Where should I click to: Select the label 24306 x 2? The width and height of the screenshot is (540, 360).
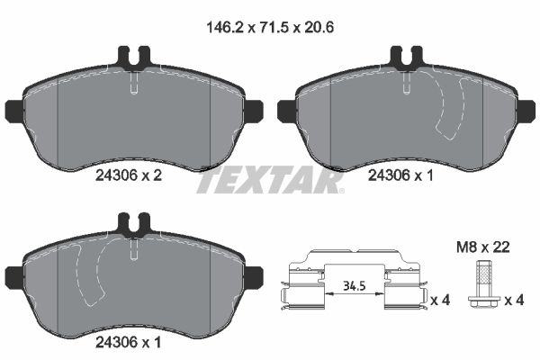129,178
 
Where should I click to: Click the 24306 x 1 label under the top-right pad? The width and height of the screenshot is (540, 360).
401,178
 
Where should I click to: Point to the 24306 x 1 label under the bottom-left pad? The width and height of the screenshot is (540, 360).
129,341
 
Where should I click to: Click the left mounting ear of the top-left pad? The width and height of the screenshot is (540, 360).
14,111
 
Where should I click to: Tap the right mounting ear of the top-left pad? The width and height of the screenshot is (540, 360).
254,111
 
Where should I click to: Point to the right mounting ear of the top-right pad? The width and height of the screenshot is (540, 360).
526,111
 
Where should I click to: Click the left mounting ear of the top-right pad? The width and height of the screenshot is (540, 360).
286,111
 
